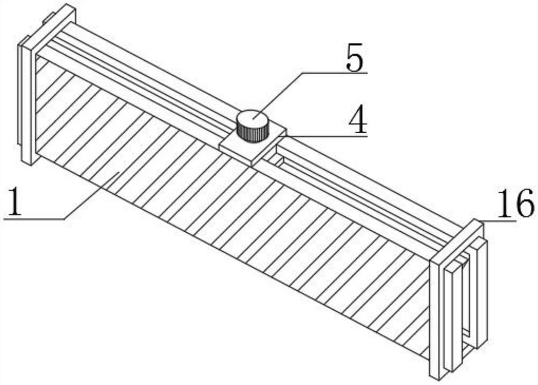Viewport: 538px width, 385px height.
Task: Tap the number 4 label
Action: click(x=357, y=123)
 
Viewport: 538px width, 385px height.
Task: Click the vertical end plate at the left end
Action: click(x=27, y=102)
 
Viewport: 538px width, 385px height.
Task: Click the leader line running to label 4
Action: click(x=323, y=136)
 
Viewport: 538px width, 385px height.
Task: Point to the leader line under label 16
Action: click(x=498, y=220)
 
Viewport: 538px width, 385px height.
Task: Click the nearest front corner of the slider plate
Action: click(x=251, y=162)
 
